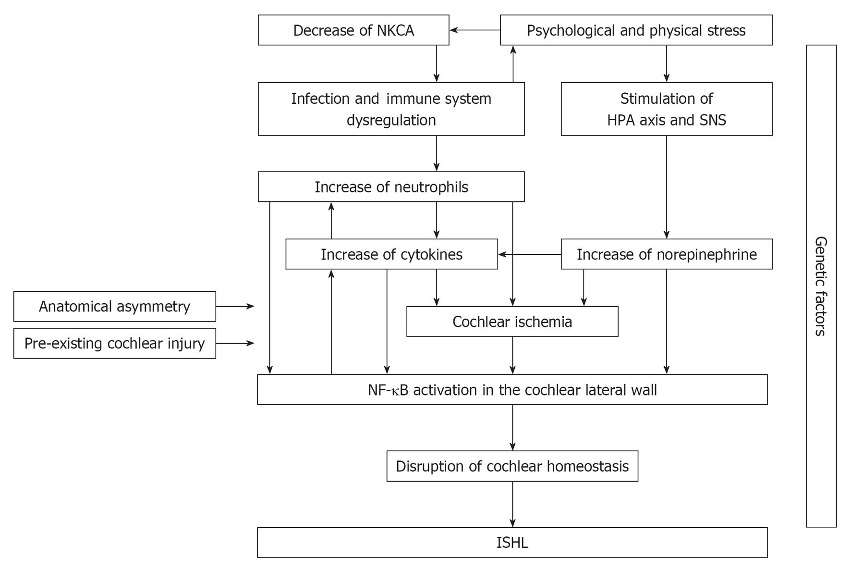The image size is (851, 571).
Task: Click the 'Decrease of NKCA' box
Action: (353, 30)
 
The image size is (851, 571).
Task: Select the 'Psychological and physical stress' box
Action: (636, 30)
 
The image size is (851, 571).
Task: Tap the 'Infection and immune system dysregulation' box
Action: (391, 109)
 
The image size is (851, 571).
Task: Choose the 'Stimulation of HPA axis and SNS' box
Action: (667, 109)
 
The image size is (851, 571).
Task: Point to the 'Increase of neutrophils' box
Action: (391, 187)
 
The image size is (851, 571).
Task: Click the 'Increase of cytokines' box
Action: (392, 254)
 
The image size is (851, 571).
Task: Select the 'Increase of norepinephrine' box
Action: (667, 254)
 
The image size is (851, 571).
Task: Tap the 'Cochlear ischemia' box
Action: (512, 322)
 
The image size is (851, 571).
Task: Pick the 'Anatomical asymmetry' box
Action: (115, 306)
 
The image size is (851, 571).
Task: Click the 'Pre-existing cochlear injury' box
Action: (115, 343)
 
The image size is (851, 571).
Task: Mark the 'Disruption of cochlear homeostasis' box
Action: (512, 466)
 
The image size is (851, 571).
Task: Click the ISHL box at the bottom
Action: (512, 543)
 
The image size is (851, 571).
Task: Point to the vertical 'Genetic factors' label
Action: (821, 286)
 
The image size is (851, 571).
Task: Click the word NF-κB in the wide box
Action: (388, 390)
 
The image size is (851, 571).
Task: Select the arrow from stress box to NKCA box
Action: (475, 30)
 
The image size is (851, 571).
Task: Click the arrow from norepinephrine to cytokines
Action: (530, 254)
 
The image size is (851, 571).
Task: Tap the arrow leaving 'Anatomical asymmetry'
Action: (235, 306)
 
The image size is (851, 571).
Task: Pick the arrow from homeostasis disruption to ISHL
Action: (512, 504)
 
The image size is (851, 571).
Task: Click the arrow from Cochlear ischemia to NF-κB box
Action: (512, 355)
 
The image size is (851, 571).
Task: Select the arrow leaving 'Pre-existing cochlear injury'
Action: (235, 343)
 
